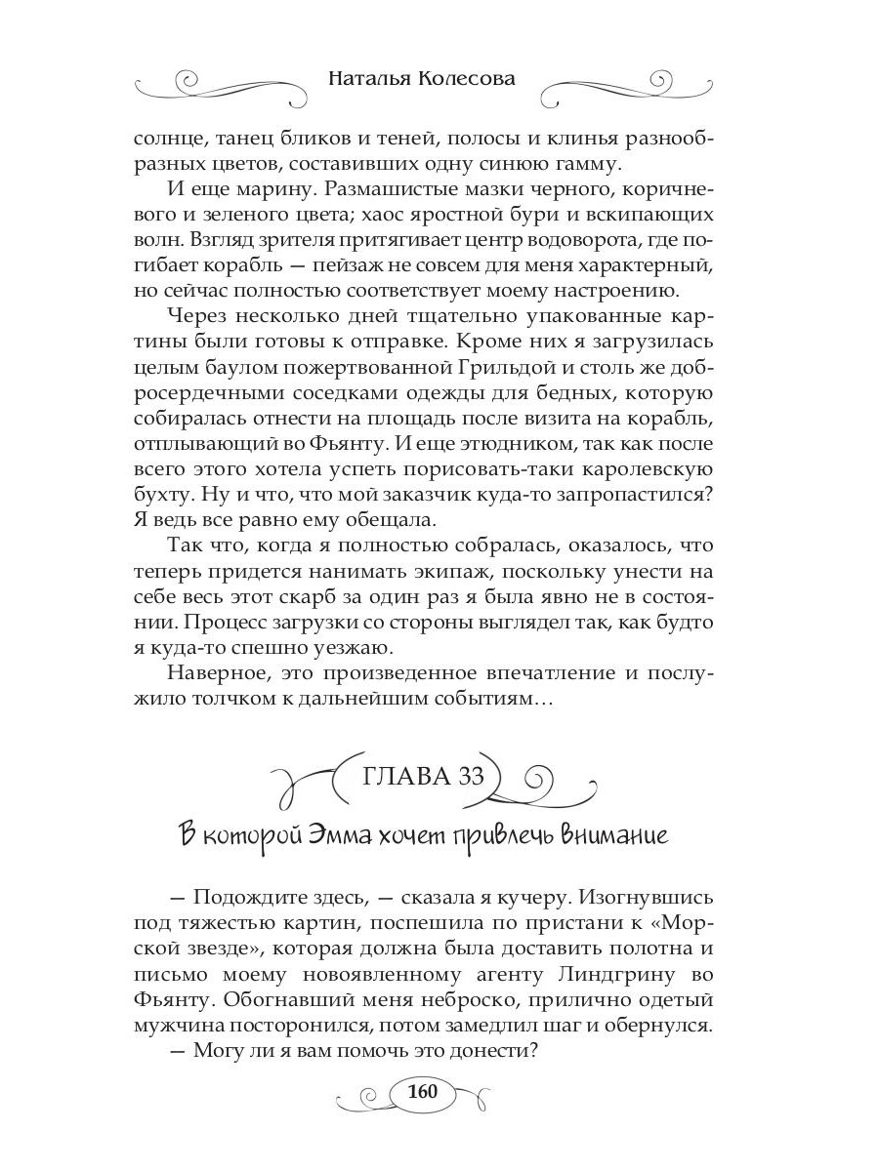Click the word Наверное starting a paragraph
(219, 671)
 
